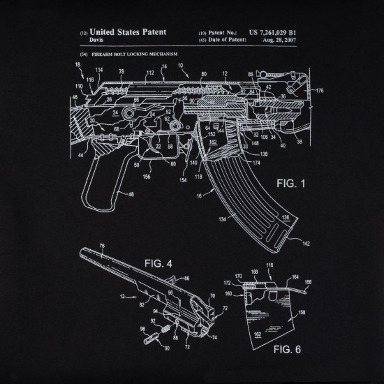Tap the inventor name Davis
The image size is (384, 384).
click(x=98, y=40)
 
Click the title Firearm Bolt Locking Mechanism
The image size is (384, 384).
click(x=129, y=53)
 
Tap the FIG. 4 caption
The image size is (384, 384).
click(x=158, y=263)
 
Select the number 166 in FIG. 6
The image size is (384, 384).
click(x=308, y=283)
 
